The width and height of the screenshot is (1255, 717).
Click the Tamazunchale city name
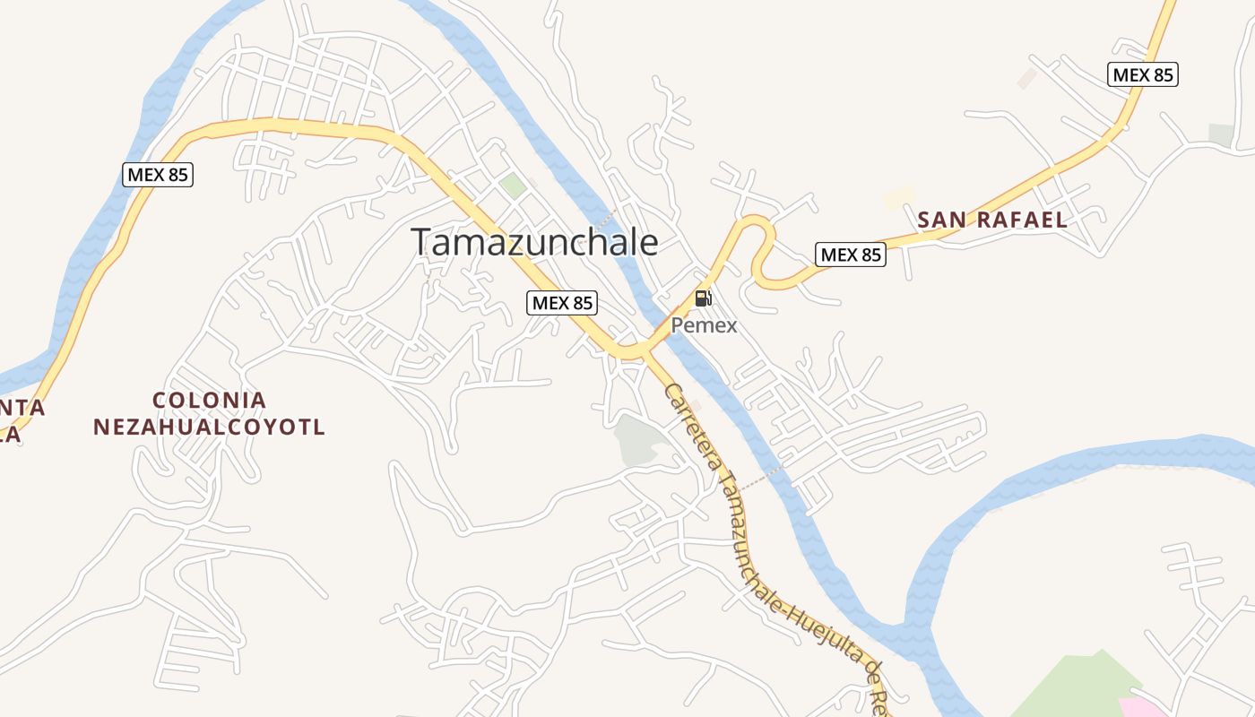534,242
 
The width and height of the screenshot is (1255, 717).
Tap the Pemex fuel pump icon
704,298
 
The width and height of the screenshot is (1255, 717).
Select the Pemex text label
704,325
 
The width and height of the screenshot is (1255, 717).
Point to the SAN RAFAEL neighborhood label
992,220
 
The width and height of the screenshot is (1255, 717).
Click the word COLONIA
210,400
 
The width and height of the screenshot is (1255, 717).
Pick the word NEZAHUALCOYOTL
210,427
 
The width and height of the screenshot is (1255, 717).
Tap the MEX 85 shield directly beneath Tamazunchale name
562,303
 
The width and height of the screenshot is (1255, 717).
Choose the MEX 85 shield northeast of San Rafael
1142,74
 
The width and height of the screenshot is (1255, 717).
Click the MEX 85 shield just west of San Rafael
851,255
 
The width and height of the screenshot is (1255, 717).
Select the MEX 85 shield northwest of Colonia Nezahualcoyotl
158,174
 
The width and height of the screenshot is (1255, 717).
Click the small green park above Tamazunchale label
513,186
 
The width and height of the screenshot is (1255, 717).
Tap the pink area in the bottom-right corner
1140,706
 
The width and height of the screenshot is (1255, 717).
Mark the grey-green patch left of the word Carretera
638,440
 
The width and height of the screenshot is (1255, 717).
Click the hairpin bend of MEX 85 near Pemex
760,233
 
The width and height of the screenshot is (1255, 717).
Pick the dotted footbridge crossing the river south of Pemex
762,478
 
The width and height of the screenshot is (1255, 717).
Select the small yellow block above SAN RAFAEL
898,198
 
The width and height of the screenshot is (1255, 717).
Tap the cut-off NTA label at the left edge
22,408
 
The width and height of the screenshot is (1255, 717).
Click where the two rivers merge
905,627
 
